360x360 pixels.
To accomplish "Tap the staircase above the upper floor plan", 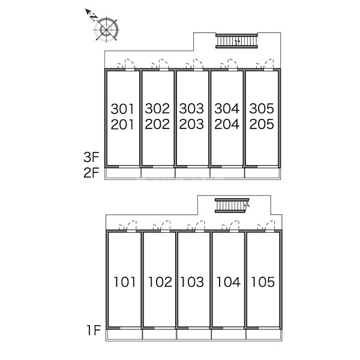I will pos(236,40).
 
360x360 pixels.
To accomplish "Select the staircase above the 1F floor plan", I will pos(232,206).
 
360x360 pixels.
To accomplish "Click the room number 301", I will pos(123,109).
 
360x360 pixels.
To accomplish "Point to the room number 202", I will pos(158,125).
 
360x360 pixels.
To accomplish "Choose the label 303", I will pos(192,109).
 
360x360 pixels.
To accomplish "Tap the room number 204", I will pos(227,125).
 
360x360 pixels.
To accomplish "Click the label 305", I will pos(262,109).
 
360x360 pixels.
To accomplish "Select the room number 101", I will pos(125,281).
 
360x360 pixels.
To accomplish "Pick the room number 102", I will pos(160,281).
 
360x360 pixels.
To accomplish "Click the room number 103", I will pos(193,281).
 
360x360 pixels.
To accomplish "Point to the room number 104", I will pos(228,281).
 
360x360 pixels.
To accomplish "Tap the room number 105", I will pos(263,281).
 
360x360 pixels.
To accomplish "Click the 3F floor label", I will pos(91,158).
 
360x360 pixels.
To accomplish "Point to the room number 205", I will pos(262,125).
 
